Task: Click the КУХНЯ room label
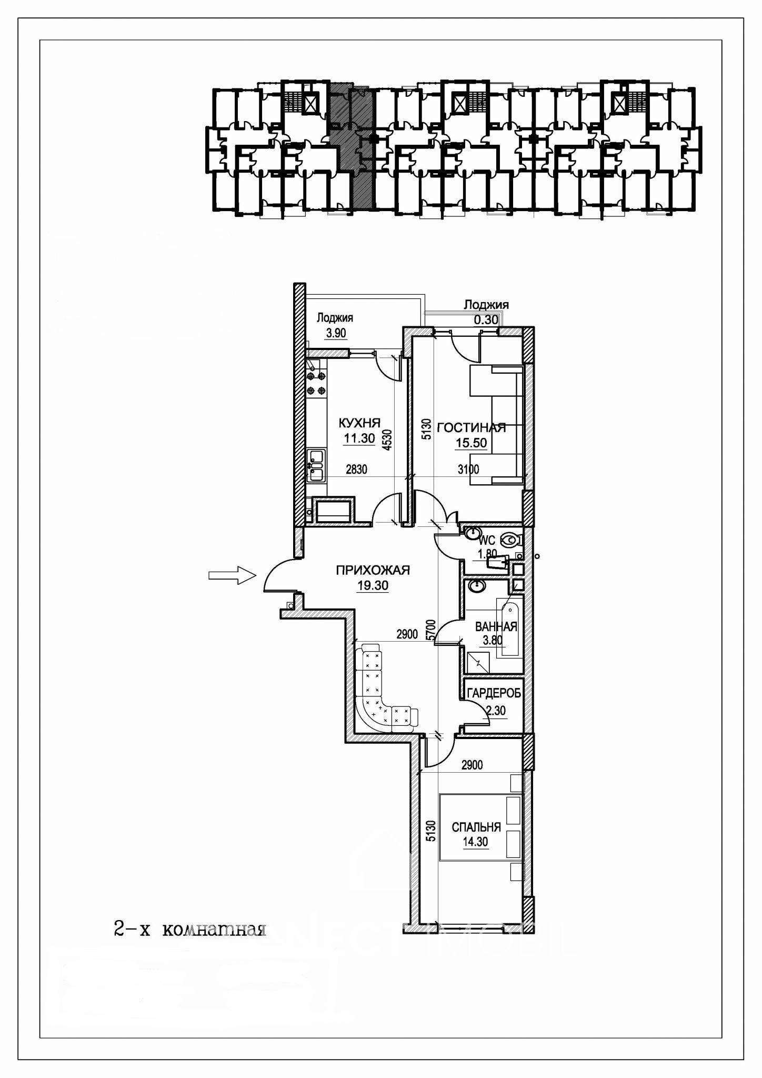pos(359,423)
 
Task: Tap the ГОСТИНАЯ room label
pos(472,427)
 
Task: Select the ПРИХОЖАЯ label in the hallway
pos(373,570)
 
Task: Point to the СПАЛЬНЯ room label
pos(476,827)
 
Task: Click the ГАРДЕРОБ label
pos(494,693)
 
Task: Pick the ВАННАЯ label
pos(496,627)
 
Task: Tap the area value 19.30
pos(373,585)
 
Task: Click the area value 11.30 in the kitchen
pos(359,438)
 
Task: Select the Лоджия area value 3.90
pos(335,333)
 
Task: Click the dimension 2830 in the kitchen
pos(356,469)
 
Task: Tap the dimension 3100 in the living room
pos(468,469)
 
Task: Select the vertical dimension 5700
pos(431,630)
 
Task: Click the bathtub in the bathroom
pos(510,630)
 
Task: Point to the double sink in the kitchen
pos(317,464)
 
